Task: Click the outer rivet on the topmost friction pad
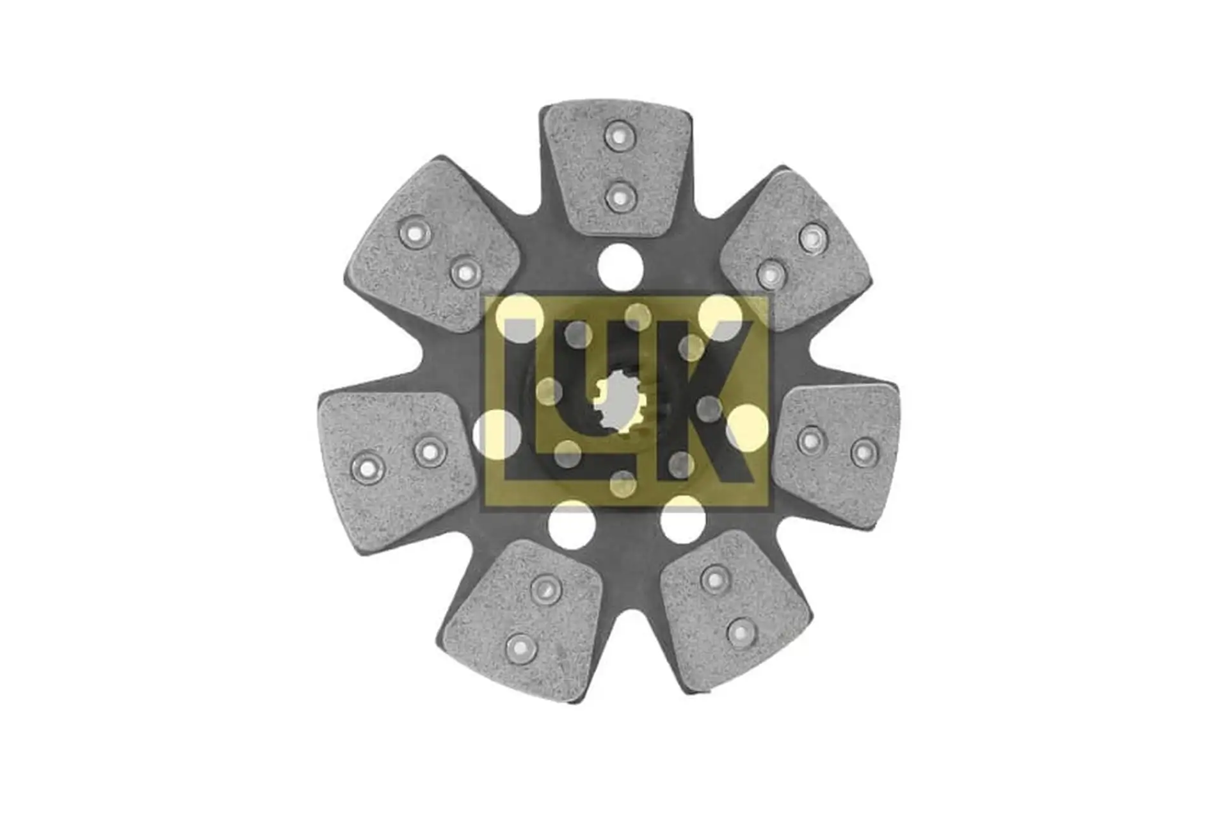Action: (620, 136)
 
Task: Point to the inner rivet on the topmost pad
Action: (620, 196)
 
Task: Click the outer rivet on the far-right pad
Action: (864, 452)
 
